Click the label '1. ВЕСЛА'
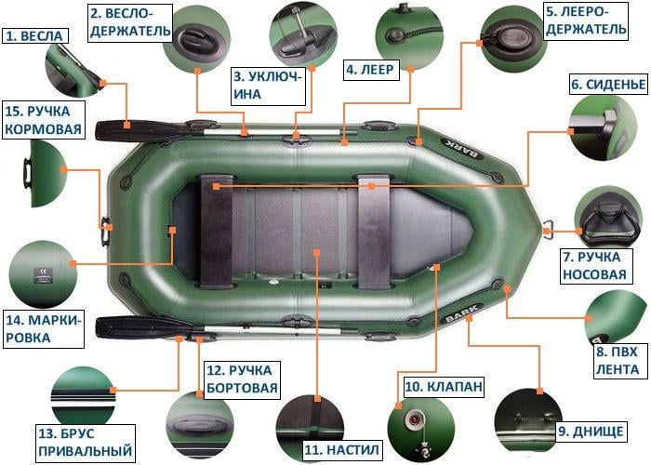point(35,36)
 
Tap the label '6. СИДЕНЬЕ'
point(608,85)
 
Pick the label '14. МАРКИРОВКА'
point(43,329)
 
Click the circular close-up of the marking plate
point(39,273)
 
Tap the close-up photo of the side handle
point(199,426)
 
